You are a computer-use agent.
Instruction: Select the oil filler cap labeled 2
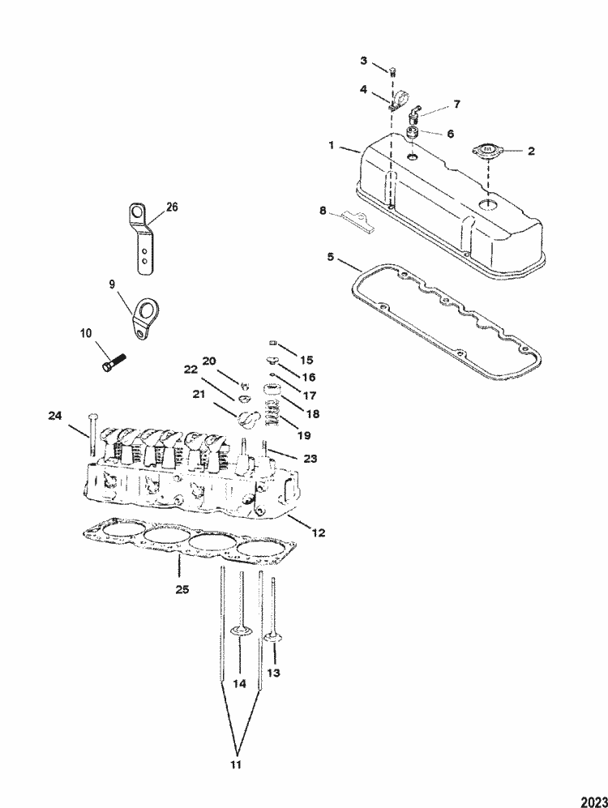(x=486, y=151)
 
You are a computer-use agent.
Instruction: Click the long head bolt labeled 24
(x=92, y=434)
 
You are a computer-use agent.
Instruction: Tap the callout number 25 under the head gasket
(x=182, y=589)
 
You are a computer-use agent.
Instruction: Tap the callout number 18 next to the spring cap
(x=311, y=413)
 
